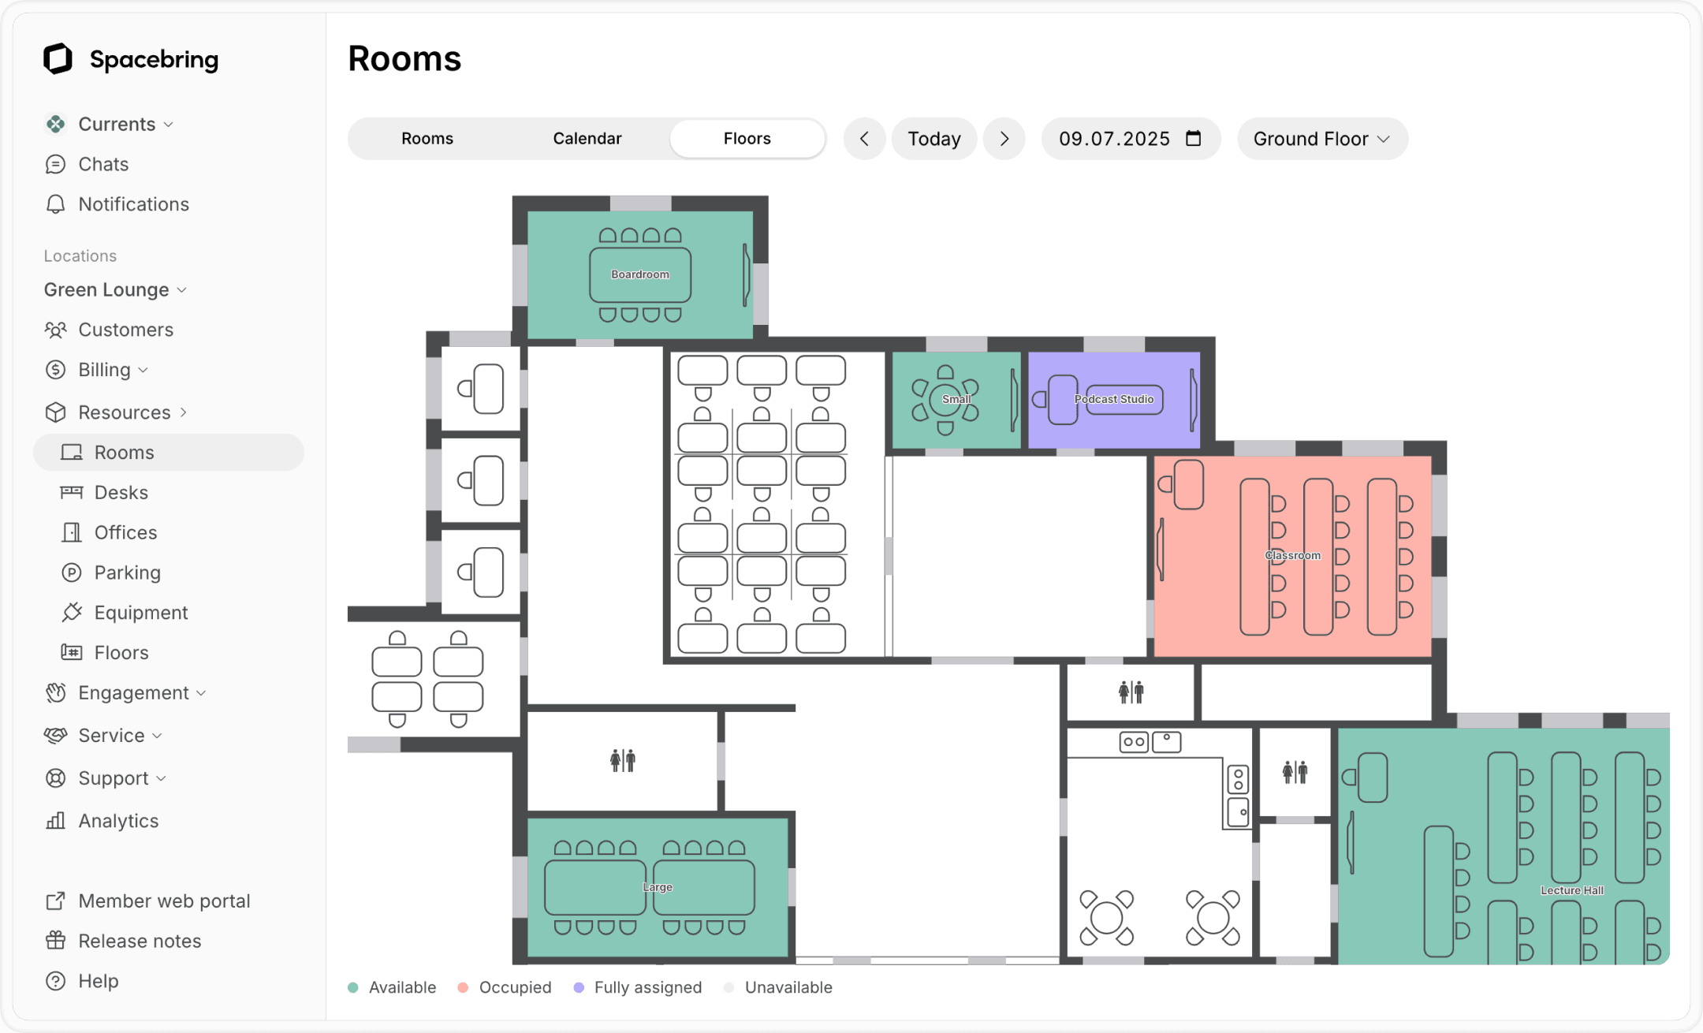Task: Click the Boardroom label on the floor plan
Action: [x=639, y=274]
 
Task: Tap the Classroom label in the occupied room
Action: [x=1292, y=555]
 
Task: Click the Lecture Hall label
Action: [x=1571, y=890]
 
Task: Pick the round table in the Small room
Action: [x=945, y=400]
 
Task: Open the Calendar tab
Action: [x=587, y=139]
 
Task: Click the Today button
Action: [x=933, y=139]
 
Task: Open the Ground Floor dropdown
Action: [x=1321, y=139]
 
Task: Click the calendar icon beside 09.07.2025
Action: [x=1194, y=139]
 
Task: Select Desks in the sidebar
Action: [x=121, y=492]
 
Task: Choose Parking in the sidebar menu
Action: [x=127, y=572]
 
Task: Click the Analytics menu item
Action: [x=118, y=821]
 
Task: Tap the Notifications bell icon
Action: [x=55, y=204]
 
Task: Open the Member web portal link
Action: [x=163, y=901]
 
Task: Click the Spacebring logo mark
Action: [x=58, y=59]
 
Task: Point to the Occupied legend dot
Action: [x=464, y=987]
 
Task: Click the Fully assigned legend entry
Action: [x=647, y=987]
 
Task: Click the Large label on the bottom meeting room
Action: [x=657, y=887]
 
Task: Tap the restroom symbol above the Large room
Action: [x=622, y=760]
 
